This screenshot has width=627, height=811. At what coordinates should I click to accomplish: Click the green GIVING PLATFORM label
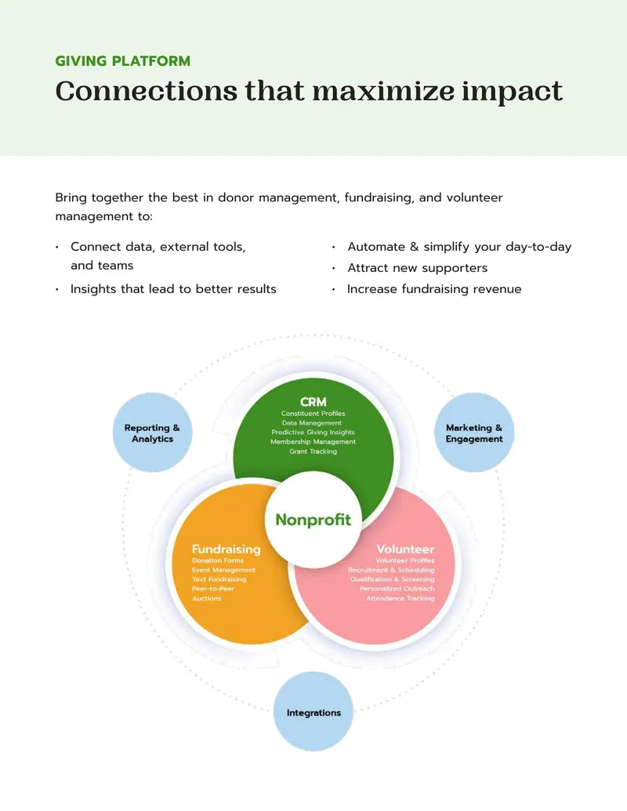click(x=122, y=61)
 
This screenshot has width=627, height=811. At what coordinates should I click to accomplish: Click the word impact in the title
click(x=512, y=92)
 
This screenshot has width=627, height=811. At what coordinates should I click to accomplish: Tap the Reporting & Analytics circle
click(x=152, y=433)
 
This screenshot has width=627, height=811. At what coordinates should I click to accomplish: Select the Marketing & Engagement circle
click(x=474, y=433)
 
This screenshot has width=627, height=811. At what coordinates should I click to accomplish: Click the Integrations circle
click(x=313, y=711)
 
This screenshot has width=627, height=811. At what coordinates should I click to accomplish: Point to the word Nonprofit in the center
click(x=313, y=520)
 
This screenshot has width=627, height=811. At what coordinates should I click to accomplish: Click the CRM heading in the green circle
click(x=313, y=401)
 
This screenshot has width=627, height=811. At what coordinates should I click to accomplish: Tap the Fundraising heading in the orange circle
click(x=226, y=549)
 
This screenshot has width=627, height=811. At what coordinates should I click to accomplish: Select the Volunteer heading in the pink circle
click(x=405, y=549)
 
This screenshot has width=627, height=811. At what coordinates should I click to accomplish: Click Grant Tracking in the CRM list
click(x=313, y=451)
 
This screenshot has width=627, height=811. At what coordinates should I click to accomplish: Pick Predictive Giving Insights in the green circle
click(x=313, y=433)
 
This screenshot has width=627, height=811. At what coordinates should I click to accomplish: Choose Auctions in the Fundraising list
click(x=207, y=599)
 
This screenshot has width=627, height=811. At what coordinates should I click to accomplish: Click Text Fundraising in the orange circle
click(x=219, y=579)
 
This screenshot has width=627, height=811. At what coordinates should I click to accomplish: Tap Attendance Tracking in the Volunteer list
click(x=400, y=599)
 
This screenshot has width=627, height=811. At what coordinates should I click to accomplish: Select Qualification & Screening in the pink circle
click(x=393, y=579)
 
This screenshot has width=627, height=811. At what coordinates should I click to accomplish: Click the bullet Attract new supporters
click(x=418, y=268)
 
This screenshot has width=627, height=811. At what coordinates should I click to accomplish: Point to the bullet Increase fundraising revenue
click(x=434, y=289)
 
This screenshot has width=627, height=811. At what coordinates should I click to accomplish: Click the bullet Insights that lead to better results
click(x=173, y=289)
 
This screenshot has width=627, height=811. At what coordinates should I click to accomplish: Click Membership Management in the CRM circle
click(x=313, y=442)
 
